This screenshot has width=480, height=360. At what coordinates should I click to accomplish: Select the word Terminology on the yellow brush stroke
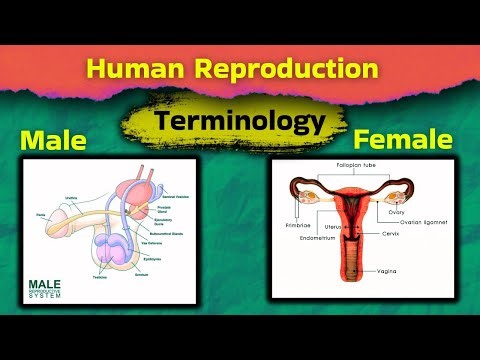[241, 122]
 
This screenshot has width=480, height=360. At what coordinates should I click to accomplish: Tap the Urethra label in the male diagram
[71, 197]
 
